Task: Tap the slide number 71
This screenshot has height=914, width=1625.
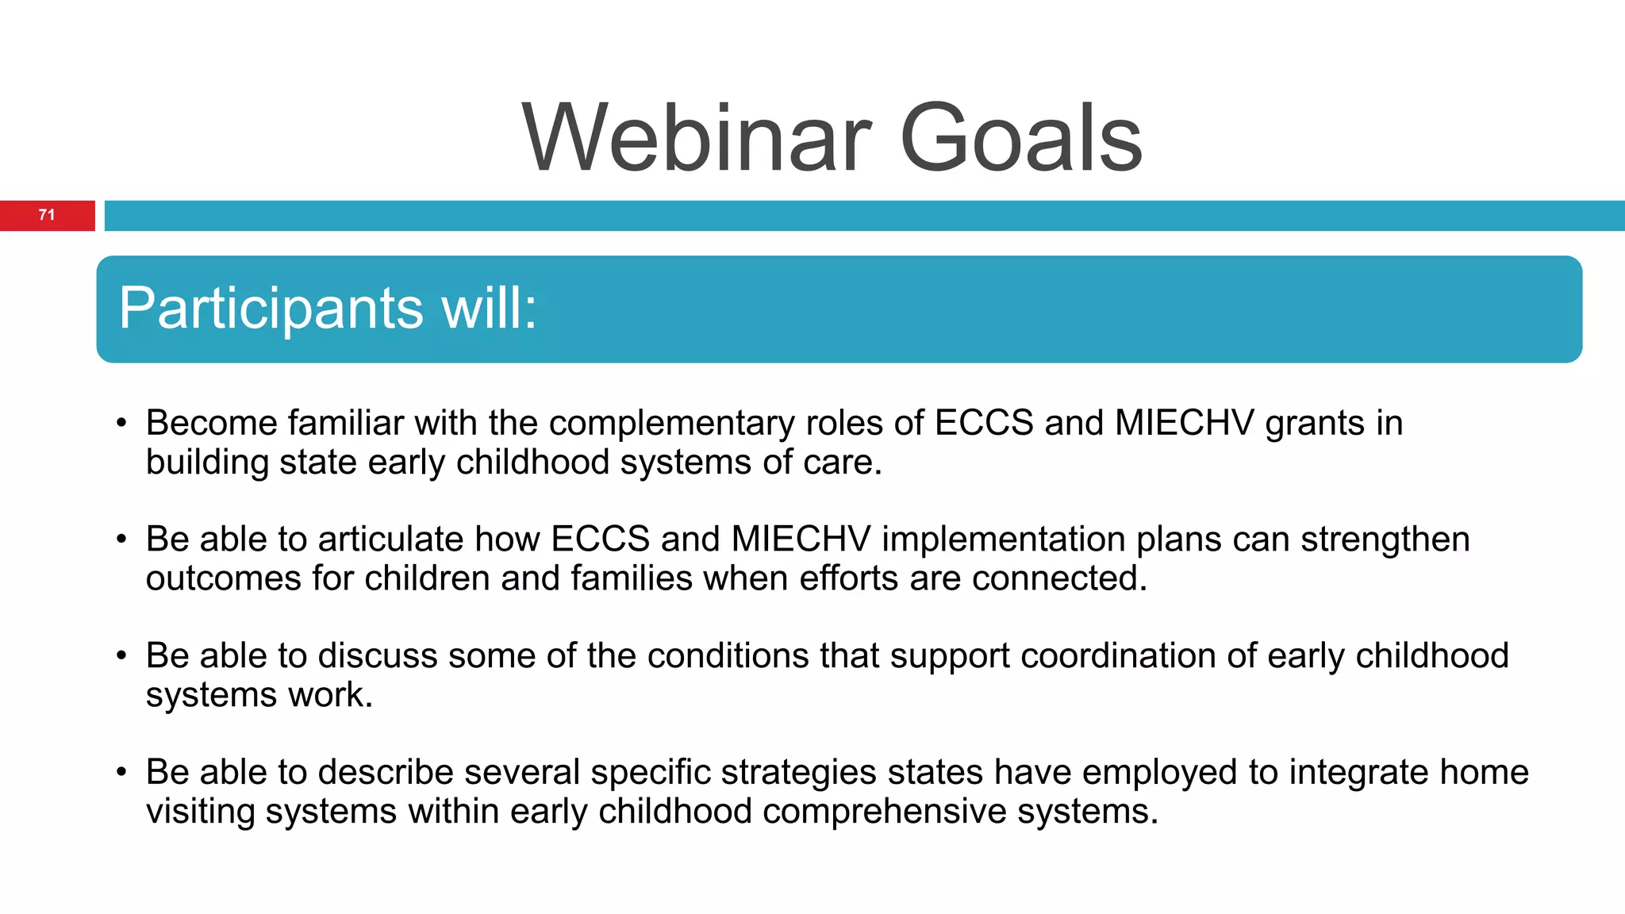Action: (47, 215)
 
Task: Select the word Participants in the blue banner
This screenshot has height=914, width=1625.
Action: (271, 309)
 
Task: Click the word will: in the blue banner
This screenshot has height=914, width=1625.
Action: (489, 308)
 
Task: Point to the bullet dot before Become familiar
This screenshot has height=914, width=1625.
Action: (121, 423)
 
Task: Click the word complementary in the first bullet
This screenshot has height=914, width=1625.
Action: (671, 424)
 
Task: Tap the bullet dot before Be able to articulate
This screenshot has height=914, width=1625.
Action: (121, 540)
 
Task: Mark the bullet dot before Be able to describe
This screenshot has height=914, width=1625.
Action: (121, 772)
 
